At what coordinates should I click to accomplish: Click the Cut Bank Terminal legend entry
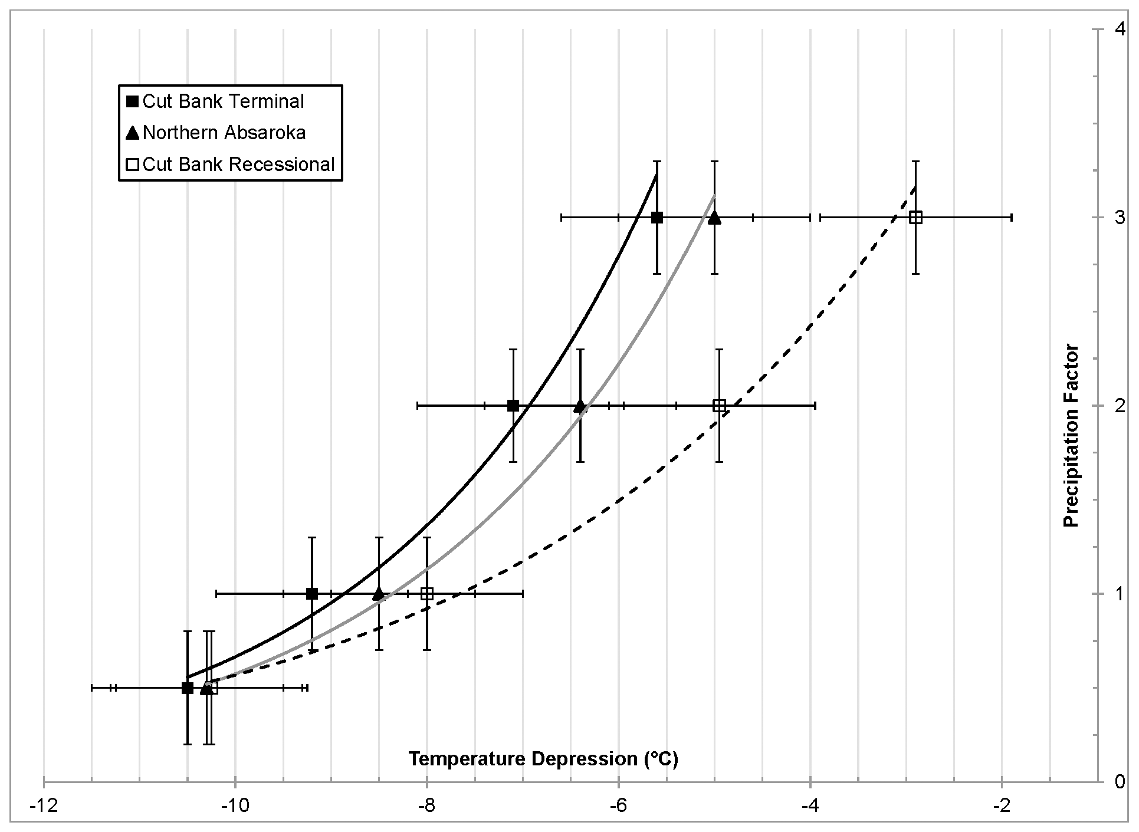(x=223, y=101)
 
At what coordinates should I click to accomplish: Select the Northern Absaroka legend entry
(x=224, y=133)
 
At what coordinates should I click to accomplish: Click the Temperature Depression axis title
(x=543, y=758)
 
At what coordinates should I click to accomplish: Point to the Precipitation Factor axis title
(x=1071, y=435)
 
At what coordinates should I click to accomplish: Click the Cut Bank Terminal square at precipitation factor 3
(x=657, y=218)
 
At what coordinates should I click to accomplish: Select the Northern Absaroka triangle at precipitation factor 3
(x=714, y=218)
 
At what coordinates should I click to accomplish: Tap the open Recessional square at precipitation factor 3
(x=915, y=218)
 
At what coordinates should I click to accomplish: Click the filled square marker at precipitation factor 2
(x=513, y=406)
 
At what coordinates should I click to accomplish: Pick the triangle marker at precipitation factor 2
(x=580, y=406)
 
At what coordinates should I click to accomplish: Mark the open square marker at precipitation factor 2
(x=719, y=406)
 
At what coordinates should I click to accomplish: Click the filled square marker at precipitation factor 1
(x=312, y=594)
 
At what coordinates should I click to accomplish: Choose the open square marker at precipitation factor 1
(x=427, y=594)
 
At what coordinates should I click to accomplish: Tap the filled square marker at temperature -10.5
(x=188, y=688)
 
